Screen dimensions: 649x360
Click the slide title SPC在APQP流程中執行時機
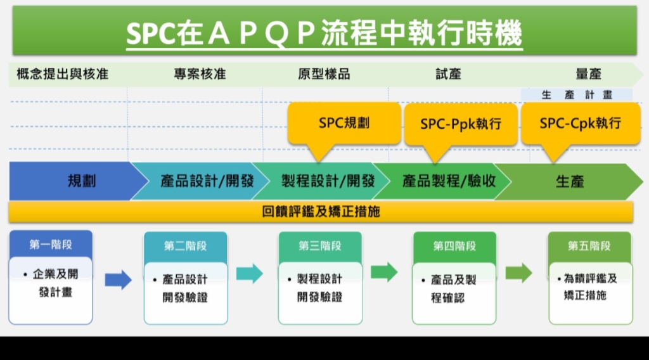(x=324, y=33)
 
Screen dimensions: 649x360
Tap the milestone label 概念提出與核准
(x=63, y=74)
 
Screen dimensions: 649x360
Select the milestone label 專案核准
(x=200, y=74)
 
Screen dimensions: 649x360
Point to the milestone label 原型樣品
(x=324, y=74)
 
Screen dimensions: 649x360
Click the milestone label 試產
(x=448, y=74)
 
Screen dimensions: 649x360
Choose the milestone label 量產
(x=589, y=74)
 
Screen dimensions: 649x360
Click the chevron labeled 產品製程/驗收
(x=443, y=181)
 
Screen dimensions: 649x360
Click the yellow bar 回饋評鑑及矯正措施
(x=321, y=212)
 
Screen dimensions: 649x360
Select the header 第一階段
(x=51, y=245)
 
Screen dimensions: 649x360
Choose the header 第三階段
(x=320, y=246)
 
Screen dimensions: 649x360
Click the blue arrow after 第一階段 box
(x=119, y=280)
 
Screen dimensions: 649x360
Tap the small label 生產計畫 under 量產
(x=577, y=95)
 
